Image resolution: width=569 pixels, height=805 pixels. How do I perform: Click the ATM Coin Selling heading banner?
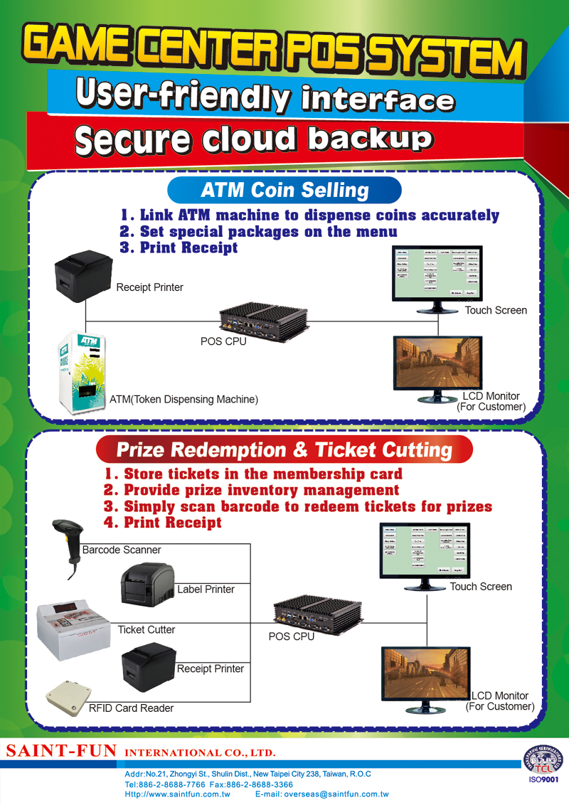284,191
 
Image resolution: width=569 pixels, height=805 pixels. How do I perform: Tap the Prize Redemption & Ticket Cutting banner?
284,450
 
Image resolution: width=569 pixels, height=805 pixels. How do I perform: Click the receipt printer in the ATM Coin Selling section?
84,281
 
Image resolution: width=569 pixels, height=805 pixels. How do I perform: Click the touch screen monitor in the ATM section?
437,277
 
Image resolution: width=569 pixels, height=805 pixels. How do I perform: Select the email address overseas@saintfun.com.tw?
321,794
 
